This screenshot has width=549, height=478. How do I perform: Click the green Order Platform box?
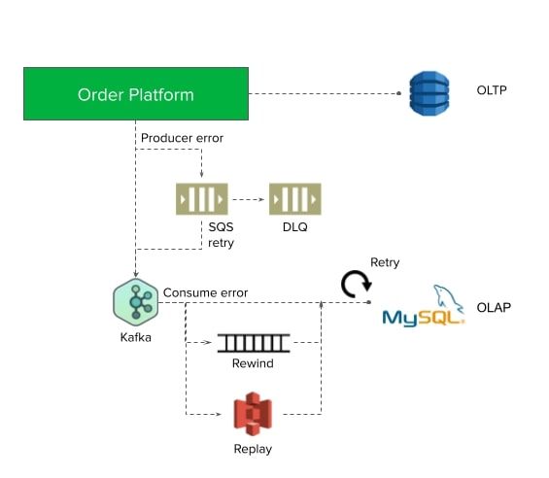click(x=136, y=94)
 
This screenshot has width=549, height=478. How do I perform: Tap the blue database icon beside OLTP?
click(x=429, y=93)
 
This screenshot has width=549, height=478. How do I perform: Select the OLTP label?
click(x=492, y=90)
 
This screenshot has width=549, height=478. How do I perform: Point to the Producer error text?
click(x=182, y=138)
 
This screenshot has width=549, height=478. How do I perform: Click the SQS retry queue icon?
click(x=202, y=199)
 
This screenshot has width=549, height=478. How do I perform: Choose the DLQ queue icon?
click(x=295, y=199)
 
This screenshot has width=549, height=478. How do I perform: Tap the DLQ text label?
click(x=295, y=227)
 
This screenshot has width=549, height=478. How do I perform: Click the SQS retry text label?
click(x=221, y=234)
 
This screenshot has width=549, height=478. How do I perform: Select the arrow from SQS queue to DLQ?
click(x=248, y=199)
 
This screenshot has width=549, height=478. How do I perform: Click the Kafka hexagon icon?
click(x=136, y=302)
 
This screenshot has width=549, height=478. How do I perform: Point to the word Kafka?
click(x=136, y=337)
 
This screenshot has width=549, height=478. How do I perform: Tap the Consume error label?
click(x=206, y=292)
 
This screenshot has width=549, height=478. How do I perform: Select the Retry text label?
click(x=385, y=262)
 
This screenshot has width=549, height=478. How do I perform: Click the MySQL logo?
click(x=424, y=307)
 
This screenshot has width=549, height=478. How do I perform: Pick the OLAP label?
click(x=494, y=307)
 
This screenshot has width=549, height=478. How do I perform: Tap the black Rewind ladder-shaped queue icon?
click(x=254, y=343)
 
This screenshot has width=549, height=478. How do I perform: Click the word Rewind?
click(x=253, y=363)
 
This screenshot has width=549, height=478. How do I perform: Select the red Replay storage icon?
click(x=253, y=414)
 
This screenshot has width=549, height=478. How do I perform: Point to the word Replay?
click(x=253, y=449)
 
